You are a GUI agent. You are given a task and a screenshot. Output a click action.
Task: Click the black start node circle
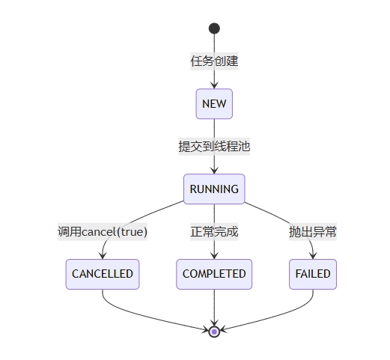[214, 28]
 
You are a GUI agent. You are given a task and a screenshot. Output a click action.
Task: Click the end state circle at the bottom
[214, 332]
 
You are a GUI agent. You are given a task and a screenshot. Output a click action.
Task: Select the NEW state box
[214, 104]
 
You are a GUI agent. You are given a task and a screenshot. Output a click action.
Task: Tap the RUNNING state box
[214, 189]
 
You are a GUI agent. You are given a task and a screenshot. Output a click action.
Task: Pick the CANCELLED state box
[103, 274]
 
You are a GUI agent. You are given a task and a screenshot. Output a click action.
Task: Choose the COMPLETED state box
[214, 274]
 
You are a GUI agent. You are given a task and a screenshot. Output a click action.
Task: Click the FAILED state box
[313, 274]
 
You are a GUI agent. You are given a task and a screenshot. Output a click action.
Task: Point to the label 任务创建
[214, 61]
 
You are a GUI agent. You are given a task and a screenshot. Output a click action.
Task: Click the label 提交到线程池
[214, 147]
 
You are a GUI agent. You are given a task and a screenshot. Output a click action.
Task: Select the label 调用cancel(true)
[103, 232]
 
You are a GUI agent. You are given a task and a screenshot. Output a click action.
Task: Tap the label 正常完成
[214, 232]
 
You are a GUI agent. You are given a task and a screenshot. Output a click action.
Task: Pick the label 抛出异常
[313, 232]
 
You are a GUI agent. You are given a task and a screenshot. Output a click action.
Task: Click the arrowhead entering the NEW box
[214, 85]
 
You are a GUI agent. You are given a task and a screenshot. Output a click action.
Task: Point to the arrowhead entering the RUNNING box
[214, 171]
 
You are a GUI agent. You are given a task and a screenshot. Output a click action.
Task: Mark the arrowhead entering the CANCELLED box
[103, 256]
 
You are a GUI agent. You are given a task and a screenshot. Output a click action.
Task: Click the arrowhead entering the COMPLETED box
[214, 256]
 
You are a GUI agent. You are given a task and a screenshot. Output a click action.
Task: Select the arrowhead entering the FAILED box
[313, 256]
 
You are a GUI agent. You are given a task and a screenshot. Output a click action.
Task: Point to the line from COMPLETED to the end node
[214, 308]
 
